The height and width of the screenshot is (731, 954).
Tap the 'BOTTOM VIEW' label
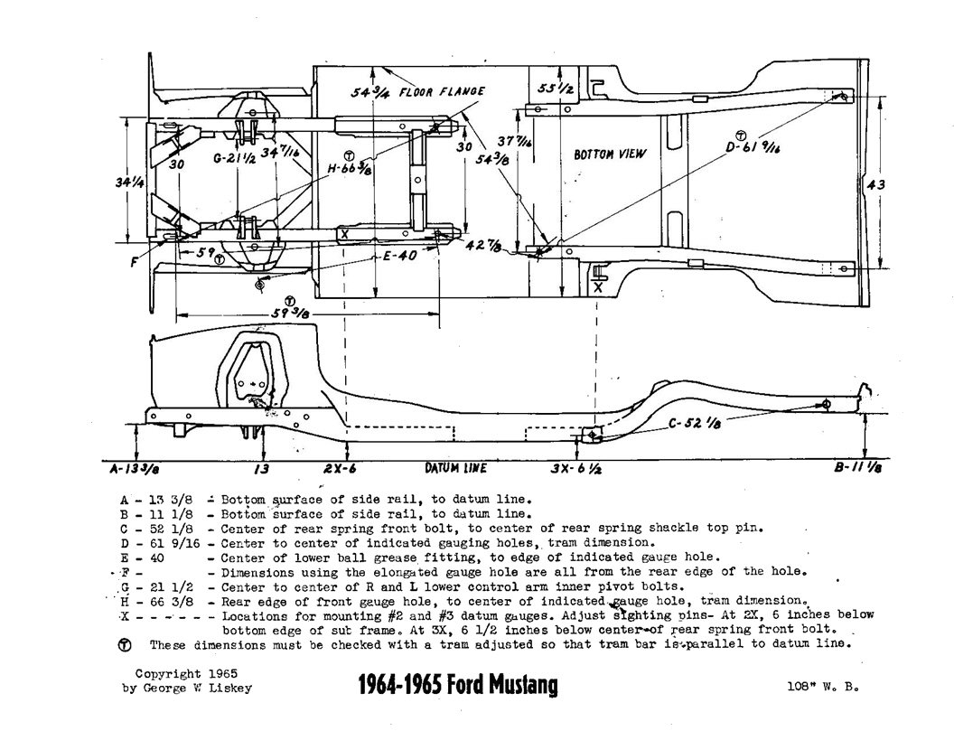click(611, 155)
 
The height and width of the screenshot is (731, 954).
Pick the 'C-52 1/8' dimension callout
click(694, 421)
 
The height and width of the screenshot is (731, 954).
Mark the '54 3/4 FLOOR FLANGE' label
click(418, 91)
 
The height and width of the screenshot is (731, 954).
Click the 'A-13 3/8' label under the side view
click(128, 468)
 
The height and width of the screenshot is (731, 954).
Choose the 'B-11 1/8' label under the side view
click(858, 468)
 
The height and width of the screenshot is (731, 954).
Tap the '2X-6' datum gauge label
click(339, 468)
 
